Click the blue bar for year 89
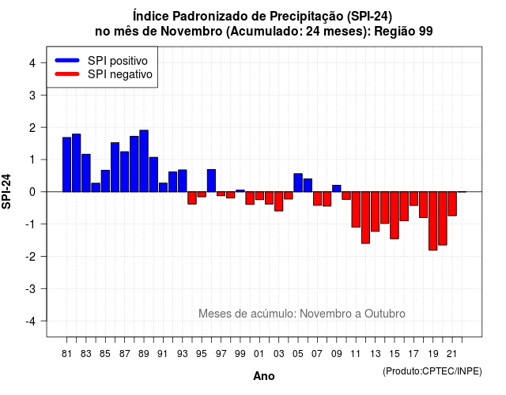coord(144,161)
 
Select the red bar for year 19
coord(433,221)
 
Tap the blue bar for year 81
coord(66,164)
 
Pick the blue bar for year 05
coord(298,182)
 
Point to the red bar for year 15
coord(395,215)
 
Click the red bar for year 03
coord(279,201)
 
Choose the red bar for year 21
coord(452,204)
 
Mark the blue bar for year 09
coord(337,188)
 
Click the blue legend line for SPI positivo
coord(67,60)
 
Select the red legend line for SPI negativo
coord(67,74)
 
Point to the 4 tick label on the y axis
coord(32,63)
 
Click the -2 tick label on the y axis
coord(30,256)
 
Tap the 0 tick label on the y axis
coord(32,192)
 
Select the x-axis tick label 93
coord(183,354)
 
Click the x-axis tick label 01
coord(259,354)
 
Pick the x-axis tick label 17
coord(413,354)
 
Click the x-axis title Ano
coord(264,376)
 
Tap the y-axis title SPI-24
coord(6,191)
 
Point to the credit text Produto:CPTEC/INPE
coord(432,371)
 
